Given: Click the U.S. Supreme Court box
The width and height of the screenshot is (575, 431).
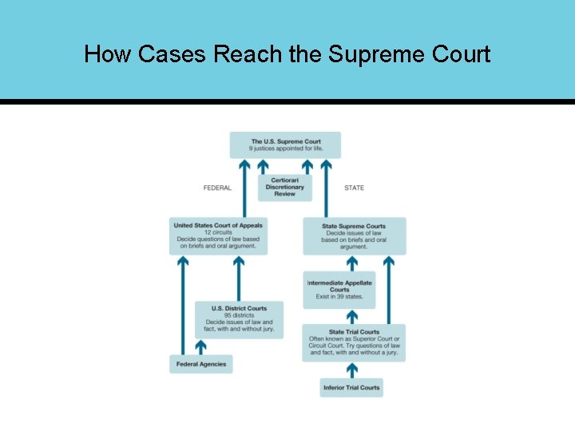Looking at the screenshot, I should (285, 145).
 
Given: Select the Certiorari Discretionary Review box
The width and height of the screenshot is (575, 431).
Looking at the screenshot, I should (284, 187).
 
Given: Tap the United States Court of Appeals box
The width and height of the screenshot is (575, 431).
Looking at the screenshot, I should (217, 235).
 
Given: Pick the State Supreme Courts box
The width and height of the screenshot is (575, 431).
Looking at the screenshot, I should (354, 236).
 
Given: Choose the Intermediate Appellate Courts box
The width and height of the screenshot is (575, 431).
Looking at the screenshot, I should (339, 290).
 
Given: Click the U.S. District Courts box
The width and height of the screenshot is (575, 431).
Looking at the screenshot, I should (239, 319).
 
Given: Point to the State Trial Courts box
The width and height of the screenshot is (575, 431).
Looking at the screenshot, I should (354, 342).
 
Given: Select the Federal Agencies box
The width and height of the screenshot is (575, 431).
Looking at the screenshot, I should (200, 364).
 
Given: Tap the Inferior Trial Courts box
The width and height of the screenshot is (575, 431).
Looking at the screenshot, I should (351, 388).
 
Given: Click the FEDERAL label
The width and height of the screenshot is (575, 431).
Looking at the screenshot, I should (217, 188).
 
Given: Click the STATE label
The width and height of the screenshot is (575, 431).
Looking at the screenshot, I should (354, 188).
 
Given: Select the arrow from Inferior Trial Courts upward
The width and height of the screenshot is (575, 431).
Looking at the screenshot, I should (351, 370).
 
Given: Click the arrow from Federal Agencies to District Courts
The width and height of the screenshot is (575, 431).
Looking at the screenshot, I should (200, 347).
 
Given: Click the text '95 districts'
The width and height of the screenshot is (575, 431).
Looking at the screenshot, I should (239, 315).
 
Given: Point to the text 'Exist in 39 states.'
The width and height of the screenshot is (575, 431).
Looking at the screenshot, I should (339, 297).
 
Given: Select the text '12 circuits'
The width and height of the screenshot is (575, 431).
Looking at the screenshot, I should (217, 232).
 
